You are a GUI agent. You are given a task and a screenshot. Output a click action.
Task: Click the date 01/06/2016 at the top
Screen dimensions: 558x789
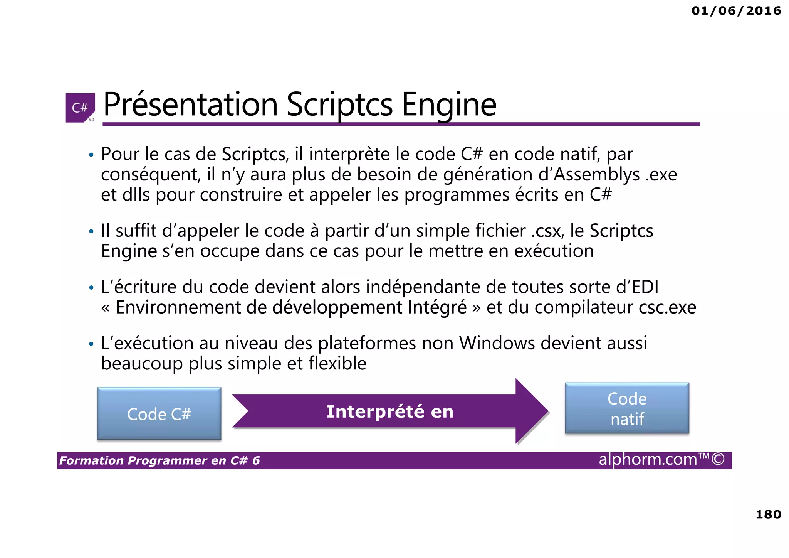[x=736, y=11]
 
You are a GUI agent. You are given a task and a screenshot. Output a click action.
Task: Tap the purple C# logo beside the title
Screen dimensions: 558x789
[x=80, y=108]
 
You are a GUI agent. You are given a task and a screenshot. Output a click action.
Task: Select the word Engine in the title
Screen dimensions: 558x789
[x=449, y=105]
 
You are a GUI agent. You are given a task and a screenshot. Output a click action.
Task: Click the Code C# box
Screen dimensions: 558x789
[x=159, y=414]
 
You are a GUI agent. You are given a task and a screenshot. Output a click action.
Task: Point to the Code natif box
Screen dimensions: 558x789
[x=627, y=408]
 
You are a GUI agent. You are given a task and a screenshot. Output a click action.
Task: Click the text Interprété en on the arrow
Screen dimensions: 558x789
[x=389, y=411]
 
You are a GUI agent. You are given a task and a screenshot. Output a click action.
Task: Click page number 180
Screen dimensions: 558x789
[x=768, y=514]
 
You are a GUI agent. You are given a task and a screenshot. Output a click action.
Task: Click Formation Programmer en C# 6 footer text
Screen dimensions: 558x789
[x=159, y=460]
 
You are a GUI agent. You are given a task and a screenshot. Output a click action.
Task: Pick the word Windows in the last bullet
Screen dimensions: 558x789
[x=497, y=343]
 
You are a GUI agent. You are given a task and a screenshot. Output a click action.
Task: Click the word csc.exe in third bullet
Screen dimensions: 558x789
[x=667, y=307]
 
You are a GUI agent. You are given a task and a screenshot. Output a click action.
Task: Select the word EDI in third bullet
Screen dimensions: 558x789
[x=645, y=287]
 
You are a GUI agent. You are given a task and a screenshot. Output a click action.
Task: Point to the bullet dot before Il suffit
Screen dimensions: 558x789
[x=91, y=232]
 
